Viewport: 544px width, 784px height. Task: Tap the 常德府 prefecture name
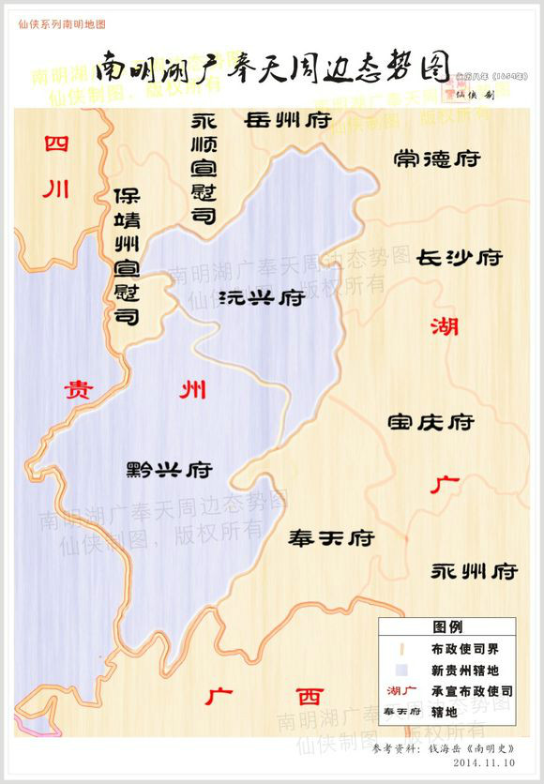click(x=437, y=159)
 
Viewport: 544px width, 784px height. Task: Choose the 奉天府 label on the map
click(x=331, y=538)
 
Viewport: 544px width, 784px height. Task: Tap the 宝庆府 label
click(x=431, y=422)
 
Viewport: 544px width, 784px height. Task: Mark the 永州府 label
click(x=475, y=570)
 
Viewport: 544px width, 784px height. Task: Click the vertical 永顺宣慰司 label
click(x=204, y=170)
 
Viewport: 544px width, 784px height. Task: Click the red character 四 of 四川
click(x=56, y=144)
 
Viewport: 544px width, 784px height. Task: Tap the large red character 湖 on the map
click(x=446, y=327)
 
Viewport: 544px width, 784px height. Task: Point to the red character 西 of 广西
click(x=309, y=697)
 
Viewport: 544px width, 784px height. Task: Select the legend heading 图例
click(x=446, y=626)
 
